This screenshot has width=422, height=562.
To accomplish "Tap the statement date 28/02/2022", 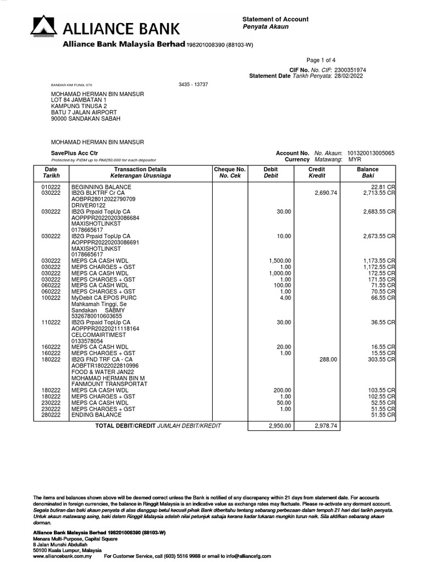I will coord(349,76).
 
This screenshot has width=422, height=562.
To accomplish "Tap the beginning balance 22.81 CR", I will coord(383,187).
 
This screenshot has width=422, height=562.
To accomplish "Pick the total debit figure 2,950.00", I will coord(280,425).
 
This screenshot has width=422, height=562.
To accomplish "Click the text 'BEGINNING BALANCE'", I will coord(101,187).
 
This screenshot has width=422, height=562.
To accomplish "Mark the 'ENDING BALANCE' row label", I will coord(97,415).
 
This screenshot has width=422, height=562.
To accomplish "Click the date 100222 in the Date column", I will coord(51,297).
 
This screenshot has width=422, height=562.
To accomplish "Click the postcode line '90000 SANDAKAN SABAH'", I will coord(86,119).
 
